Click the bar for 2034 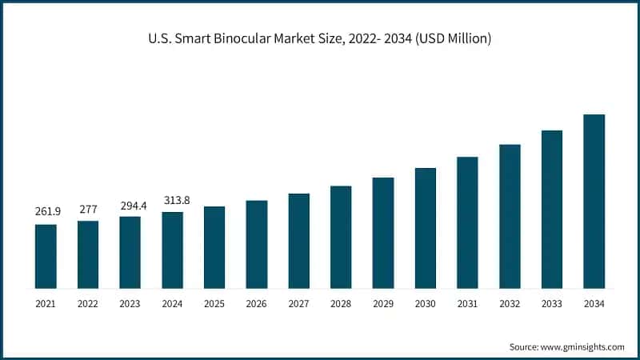pyautogui.click(x=594, y=201)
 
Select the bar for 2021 pyautogui.click(x=46, y=256)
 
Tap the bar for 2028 pyautogui.click(x=341, y=237)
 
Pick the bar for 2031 pyautogui.click(x=467, y=222)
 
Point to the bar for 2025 pyautogui.click(x=214, y=247)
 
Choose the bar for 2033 pyautogui.click(x=552, y=209)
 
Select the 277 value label pyautogui.click(x=88, y=209)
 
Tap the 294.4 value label pyautogui.click(x=130, y=205)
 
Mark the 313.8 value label pyautogui.click(x=173, y=200)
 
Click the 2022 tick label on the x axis pyautogui.click(x=88, y=304)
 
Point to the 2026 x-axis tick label pyautogui.click(x=257, y=304)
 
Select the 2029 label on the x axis pyautogui.click(x=383, y=304)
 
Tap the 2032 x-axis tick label pyautogui.click(x=510, y=304)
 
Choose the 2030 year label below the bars pyautogui.click(x=425, y=304)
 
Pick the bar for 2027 pyautogui.click(x=298, y=241)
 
